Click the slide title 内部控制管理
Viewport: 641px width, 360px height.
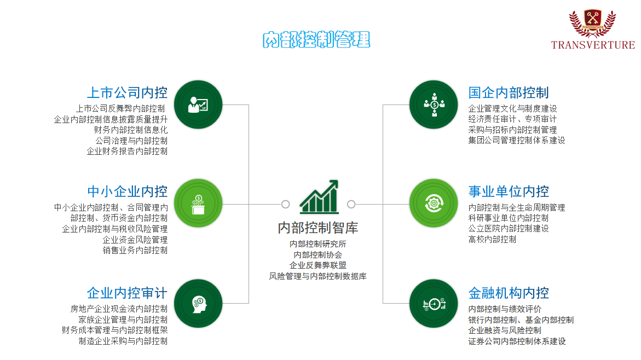[316, 39]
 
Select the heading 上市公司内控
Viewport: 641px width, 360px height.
[127, 93]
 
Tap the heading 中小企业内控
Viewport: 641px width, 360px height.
[127, 191]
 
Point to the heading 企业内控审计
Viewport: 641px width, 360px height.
[127, 293]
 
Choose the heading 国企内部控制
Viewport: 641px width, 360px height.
[509, 93]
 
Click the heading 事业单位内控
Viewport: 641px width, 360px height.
[509, 191]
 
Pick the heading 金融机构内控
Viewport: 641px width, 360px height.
[509, 293]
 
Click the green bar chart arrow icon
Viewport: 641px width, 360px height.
[319, 196]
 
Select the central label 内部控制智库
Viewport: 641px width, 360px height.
[317, 228]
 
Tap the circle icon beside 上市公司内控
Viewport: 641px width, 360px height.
[198, 104]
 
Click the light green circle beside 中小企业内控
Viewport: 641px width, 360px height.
[198, 203]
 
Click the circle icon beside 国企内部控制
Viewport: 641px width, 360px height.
[434, 104]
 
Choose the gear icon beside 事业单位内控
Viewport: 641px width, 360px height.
[434, 203]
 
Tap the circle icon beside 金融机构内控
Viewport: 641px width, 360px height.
[434, 304]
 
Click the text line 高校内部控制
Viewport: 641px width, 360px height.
[492, 240]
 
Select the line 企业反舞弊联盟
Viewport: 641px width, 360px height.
[317, 265]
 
